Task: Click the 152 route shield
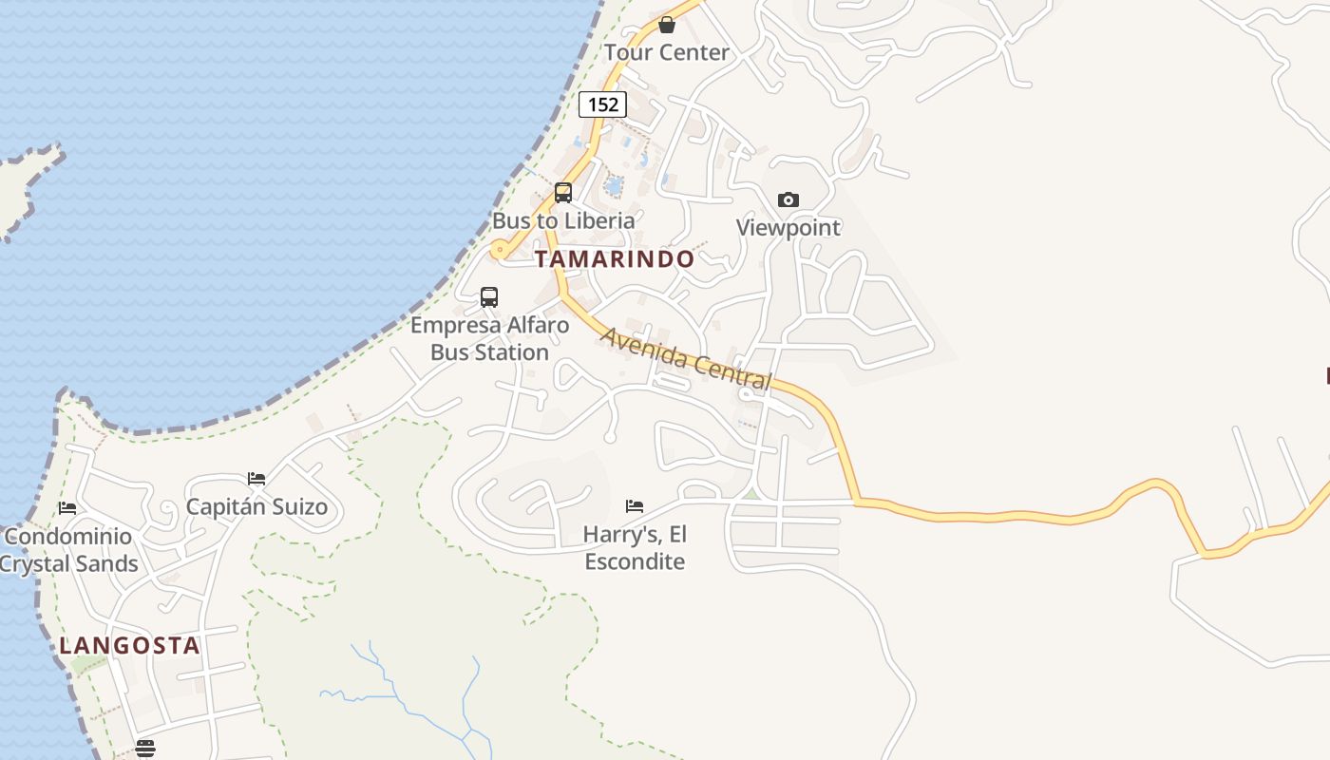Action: [603, 104]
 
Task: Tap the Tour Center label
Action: [667, 52]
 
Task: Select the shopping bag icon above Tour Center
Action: [667, 25]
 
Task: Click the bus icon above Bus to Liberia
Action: [563, 193]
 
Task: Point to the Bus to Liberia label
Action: [563, 220]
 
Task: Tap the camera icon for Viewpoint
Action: [788, 199]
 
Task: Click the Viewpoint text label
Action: [788, 228]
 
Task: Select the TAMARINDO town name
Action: [615, 258]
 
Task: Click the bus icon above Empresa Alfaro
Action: [489, 297]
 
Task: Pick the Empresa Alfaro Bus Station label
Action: [490, 338]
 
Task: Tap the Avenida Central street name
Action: [686, 359]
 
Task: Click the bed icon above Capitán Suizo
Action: [256, 479]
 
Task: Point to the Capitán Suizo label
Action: [256, 506]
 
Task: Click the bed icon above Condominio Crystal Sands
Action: [66, 508]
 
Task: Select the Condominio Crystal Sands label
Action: [68, 550]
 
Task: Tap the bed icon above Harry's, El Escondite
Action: [635, 506]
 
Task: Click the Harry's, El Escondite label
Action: [635, 547]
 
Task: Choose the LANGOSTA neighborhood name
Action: [129, 646]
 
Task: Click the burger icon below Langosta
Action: [144, 749]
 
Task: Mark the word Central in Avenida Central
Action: [727, 370]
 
